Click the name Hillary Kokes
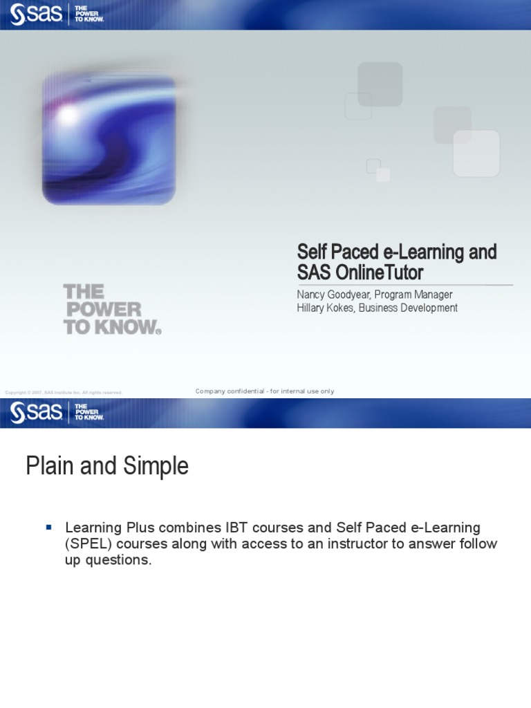(324, 308)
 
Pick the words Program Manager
(413, 295)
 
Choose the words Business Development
(408, 308)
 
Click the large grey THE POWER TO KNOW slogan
(111, 309)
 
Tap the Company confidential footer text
(265, 391)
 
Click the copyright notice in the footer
(64, 393)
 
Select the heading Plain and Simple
(107, 466)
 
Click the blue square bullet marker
(49, 528)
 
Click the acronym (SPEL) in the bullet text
(87, 544)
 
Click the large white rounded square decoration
(476, 153)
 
